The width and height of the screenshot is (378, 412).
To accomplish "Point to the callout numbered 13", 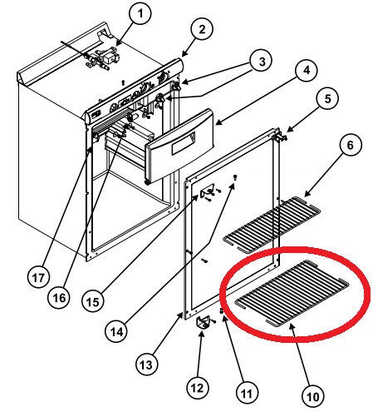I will [x=145, y=363].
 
